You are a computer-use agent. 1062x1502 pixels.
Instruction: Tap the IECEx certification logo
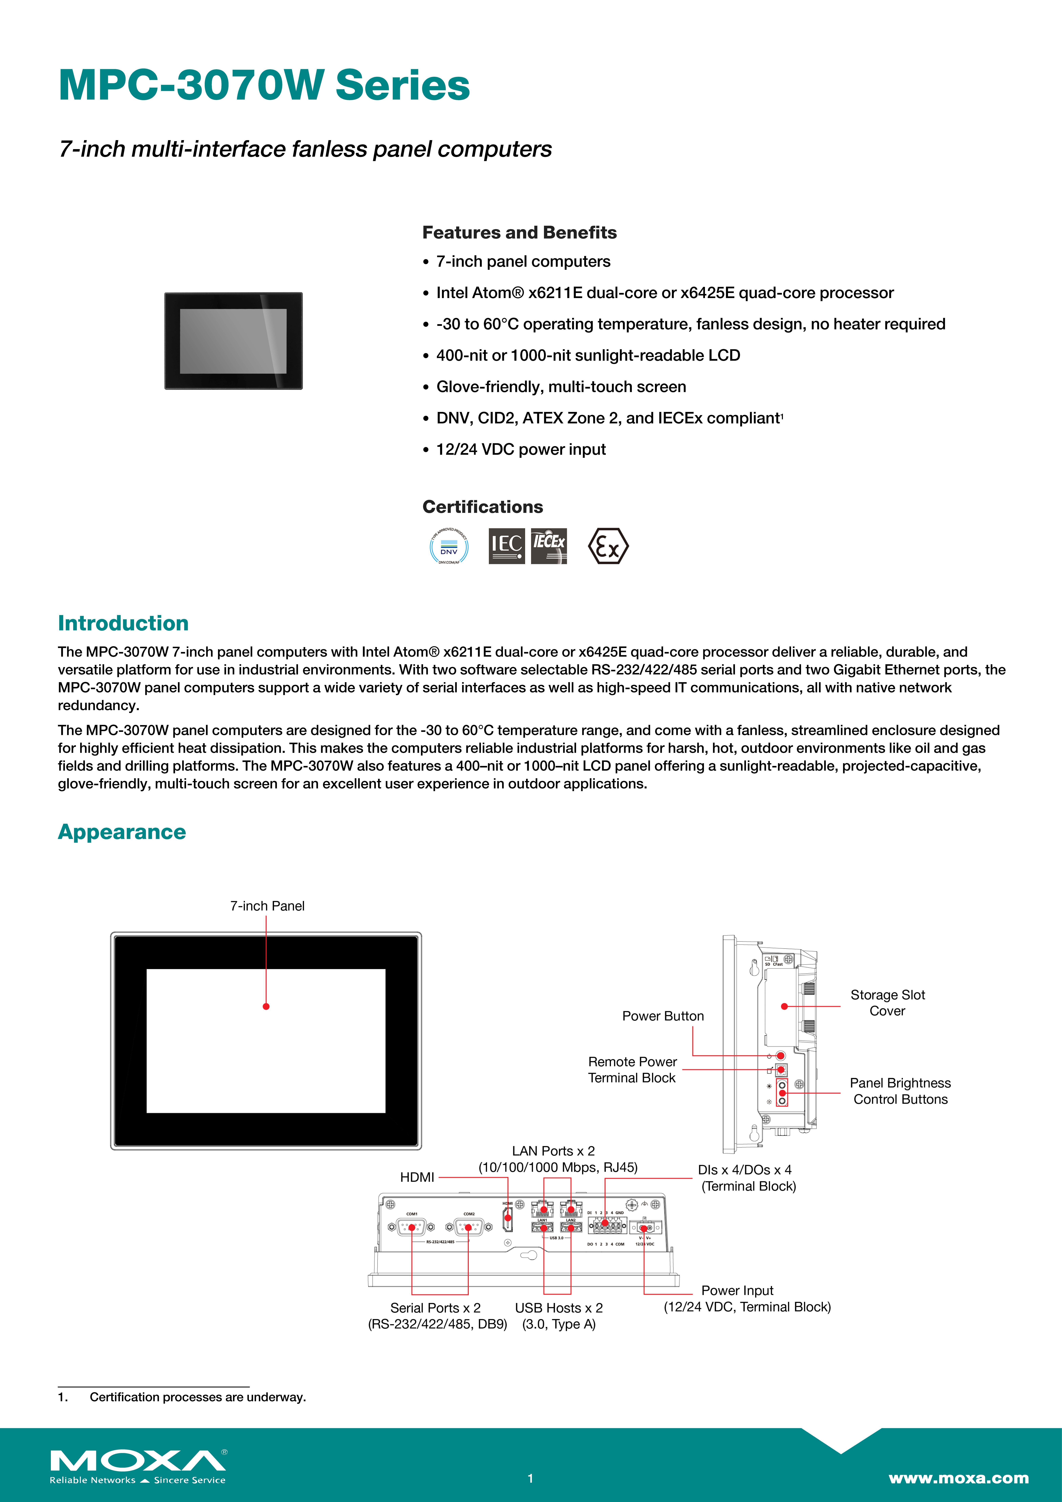pos(549,546)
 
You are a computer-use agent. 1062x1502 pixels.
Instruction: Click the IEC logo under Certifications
pos(507,546)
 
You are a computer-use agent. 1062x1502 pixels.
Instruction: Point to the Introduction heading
pos(123,623)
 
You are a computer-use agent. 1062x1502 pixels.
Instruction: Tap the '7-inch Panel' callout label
pos(267,906)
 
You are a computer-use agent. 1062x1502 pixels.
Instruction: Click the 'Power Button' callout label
pos(663,1016)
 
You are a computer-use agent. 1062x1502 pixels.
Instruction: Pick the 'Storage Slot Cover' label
pos(887,1003)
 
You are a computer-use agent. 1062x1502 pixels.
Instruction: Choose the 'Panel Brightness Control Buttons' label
pos(900,1091)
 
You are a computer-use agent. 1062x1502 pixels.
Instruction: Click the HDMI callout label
pos(417,1178)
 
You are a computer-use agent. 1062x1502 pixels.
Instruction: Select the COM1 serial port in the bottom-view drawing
pos(412,1227)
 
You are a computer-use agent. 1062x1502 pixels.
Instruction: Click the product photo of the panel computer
pos(234,341)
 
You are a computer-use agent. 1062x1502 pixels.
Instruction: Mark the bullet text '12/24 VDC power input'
pos(521,449)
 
